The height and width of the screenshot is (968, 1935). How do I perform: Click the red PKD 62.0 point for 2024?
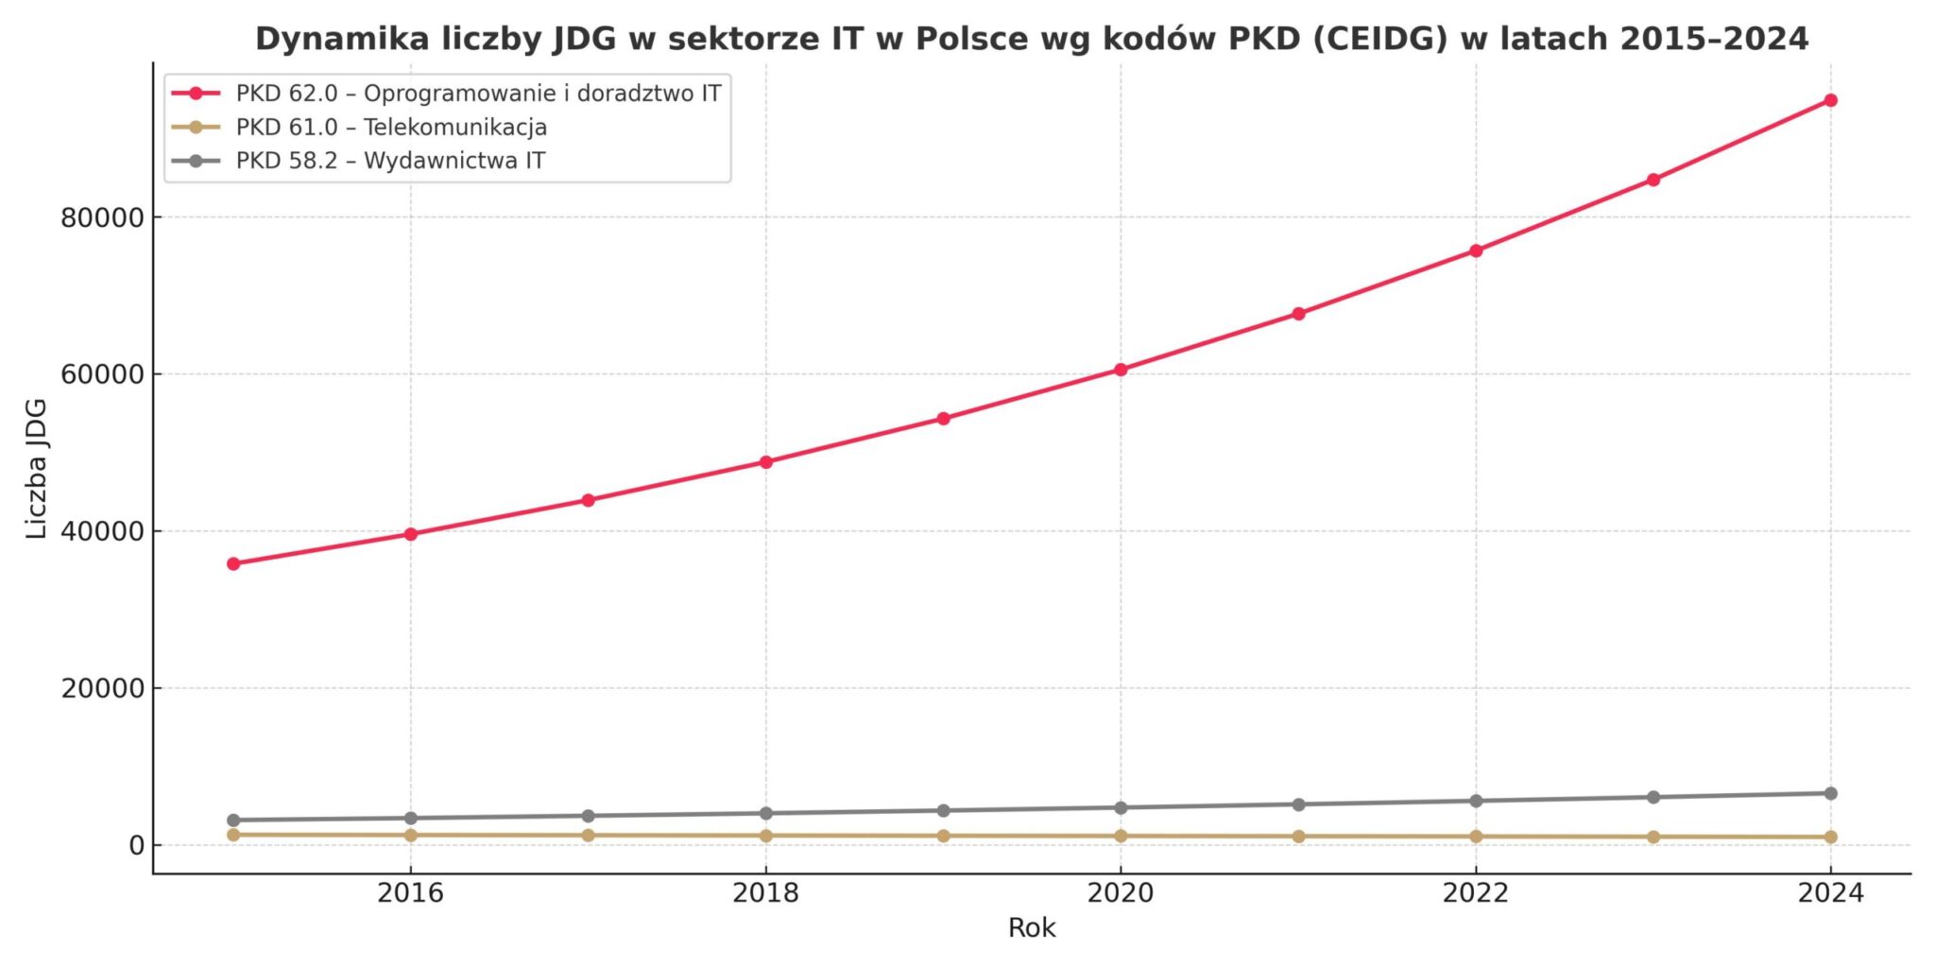(1830, 100)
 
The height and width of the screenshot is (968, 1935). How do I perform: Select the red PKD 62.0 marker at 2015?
(233, 563)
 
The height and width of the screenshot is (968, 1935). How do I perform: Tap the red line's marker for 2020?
(1121, 370)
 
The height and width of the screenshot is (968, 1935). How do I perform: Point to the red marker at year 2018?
(766, 462)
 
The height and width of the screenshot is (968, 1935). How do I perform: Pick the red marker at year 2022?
(1476, 251)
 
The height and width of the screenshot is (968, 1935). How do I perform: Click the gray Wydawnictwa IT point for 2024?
(1830, 794)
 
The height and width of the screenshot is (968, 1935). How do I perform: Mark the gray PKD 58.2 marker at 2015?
(233, 821)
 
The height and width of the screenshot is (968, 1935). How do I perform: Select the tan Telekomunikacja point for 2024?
(1830, 838)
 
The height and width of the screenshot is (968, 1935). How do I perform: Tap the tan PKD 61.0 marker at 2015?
(233, 835)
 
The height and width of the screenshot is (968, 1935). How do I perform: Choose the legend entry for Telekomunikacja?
(391, 128)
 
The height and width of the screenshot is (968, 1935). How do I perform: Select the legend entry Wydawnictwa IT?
(390, 161)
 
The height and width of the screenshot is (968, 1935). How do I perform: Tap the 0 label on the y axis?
(136, 846)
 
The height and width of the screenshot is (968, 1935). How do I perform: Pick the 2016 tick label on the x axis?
(410, 893)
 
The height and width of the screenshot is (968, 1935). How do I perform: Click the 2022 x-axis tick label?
(1476, 893)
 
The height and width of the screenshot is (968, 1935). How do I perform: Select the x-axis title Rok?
(1032, 928)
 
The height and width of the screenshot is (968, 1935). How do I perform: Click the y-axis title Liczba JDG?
(37, 469)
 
